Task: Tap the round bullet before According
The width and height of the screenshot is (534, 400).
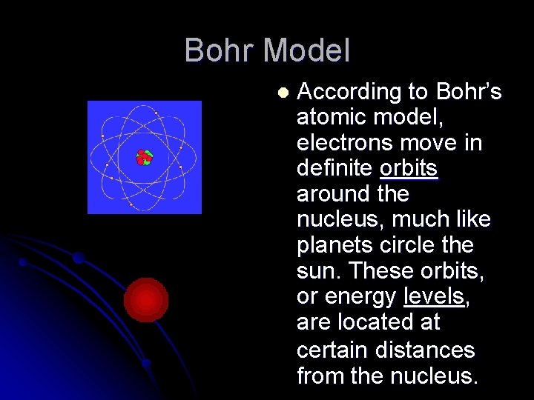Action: (x=282, y=93)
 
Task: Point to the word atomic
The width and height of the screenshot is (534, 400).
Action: (x=329, y=117)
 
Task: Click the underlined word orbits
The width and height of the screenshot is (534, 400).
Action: (x=409, y=169)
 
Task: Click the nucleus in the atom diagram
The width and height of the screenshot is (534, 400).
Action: (x=143, y=157)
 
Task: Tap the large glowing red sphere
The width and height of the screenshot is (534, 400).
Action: (x=146, y=300)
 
